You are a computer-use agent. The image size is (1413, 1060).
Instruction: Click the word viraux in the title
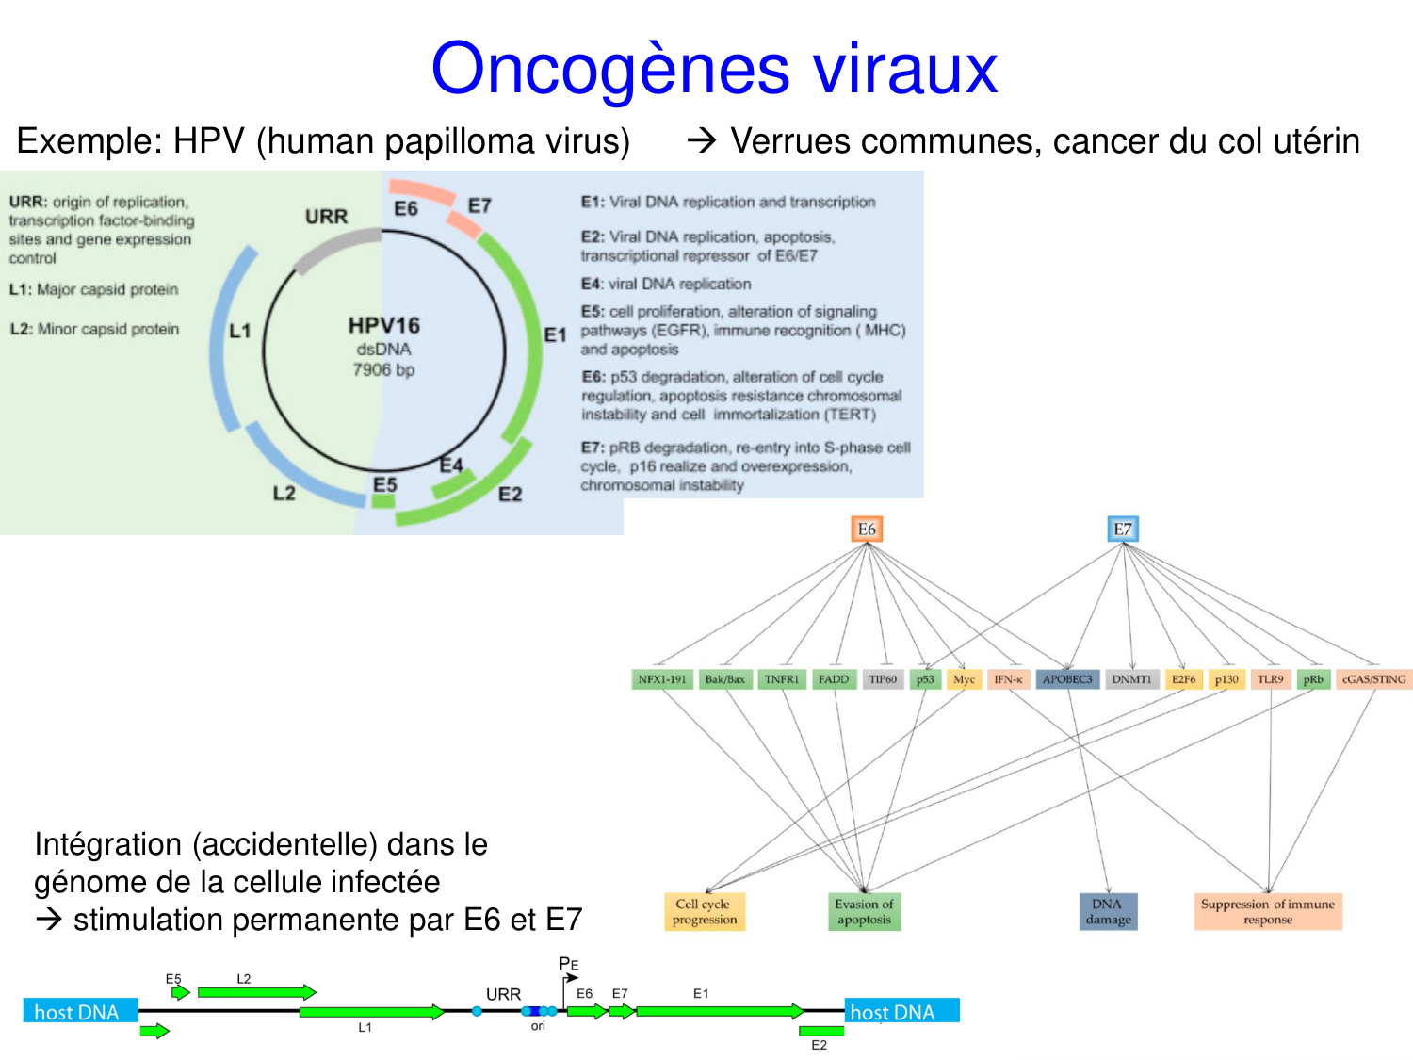tap(904, 69)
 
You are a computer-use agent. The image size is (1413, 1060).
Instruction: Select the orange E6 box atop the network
tap(866, 530)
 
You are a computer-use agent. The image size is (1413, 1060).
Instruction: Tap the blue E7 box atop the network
tap(1122, 530)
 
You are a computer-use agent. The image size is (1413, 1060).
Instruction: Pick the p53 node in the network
tap(925, 679)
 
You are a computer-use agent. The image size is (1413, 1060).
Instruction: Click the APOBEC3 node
tap(1066, 679)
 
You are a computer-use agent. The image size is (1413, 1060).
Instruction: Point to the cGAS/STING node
tap(1373, 679)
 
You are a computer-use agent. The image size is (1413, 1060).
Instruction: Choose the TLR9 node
tap(1270, 679)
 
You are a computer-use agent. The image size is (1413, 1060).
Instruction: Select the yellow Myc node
tap(964, 679)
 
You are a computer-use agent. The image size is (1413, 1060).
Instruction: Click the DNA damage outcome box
tap(1108, 911)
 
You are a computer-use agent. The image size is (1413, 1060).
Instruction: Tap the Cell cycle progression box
tap(704, 911)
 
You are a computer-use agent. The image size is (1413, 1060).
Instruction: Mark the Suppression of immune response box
tap(1267, 911)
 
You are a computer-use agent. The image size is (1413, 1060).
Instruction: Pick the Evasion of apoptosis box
tap(864, 911)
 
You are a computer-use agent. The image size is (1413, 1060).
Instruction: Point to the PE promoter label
tap(568, 964)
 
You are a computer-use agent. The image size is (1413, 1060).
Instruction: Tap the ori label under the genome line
tap(538, 1026)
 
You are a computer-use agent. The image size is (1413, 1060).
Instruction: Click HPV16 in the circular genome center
tap(383, 325)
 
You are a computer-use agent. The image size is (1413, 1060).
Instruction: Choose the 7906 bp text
tap(383, 370)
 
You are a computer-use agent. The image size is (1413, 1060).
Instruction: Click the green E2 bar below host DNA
tap(820, 1031)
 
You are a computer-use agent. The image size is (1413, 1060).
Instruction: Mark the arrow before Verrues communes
tap(702, 141)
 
